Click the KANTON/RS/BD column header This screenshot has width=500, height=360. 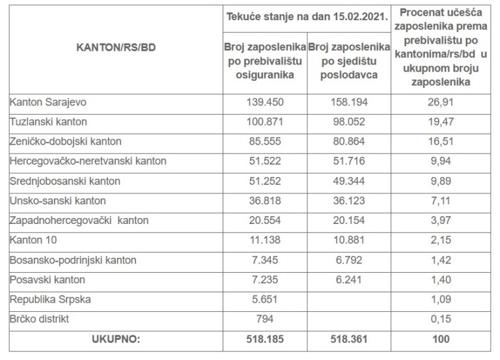116,48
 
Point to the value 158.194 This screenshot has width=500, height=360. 348,102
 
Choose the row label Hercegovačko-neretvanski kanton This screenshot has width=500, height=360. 88,161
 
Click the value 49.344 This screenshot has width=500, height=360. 348,181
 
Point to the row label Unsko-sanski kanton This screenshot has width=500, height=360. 57,201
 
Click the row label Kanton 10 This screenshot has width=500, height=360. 34,240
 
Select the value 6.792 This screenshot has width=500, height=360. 348,260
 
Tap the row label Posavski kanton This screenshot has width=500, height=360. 48,279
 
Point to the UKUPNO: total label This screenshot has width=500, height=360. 116,339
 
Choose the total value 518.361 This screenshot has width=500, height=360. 348,339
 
